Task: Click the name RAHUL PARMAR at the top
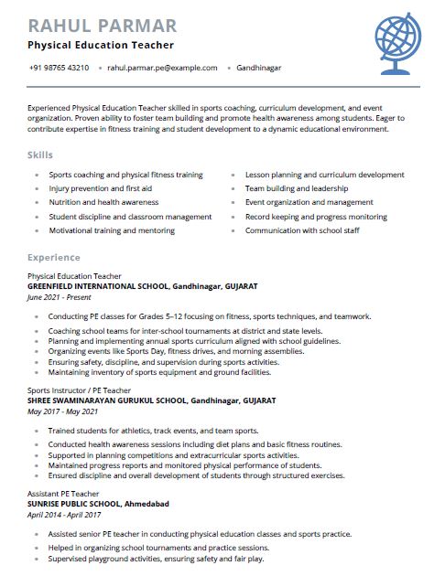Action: (x=103, y=25)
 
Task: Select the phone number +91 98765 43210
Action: (x=59, y=68)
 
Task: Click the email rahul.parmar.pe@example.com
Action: (x=162, y=68)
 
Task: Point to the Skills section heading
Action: (x=40, y=155)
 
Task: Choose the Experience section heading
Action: (x=53, y=258)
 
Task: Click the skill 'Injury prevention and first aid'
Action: (x=102, y=188)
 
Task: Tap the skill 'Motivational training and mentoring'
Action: (x=111, y=230)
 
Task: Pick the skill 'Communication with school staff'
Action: (x=302, y=230)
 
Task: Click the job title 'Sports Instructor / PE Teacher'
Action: (x=79, y=389)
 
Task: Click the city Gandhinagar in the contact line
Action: (x=258, y=68)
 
